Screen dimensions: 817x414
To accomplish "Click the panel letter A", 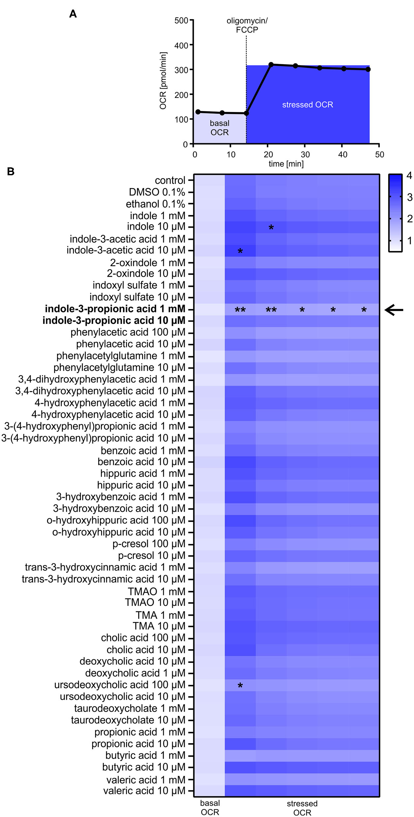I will pos(73,14).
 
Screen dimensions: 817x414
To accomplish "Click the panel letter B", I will pos(11,172).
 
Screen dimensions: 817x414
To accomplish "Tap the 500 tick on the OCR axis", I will pos(181,21).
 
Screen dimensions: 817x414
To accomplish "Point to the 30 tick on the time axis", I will pos(305,155).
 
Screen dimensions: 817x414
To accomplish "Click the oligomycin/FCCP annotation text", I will pos(247,25).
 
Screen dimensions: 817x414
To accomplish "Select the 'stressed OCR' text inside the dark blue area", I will pos(307,105).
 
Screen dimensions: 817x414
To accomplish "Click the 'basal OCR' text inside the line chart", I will pos(219,128).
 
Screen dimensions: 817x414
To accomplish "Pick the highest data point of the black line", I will pos(271,65).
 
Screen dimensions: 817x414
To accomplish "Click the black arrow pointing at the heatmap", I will pos(394,310).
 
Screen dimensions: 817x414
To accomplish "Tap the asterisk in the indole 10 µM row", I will pos(271,228).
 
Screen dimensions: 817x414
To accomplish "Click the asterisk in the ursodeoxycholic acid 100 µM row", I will pos(240,686).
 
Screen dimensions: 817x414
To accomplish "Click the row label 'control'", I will pos(170,181).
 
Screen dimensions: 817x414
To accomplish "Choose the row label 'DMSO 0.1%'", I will pos(157,192).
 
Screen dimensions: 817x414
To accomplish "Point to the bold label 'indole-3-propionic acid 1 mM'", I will pos(115,309).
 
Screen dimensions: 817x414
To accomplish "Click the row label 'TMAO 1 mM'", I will pos(156,591).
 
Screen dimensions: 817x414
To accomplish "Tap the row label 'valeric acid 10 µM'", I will pos(144,791).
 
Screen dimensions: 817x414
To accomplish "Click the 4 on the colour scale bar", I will pos(409,176).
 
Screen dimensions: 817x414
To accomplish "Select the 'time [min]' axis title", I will pos(286,164).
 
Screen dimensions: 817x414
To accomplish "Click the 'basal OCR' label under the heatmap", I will pos(210,807).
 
